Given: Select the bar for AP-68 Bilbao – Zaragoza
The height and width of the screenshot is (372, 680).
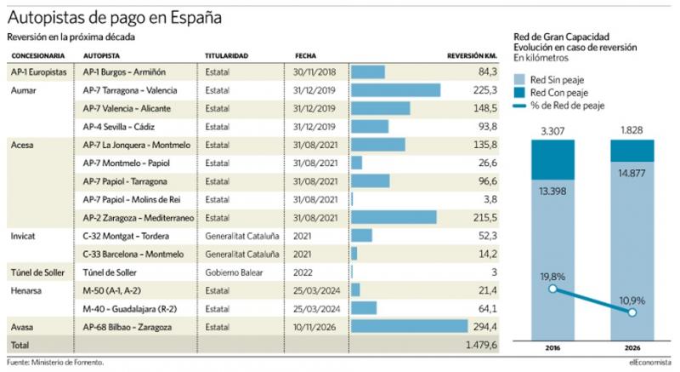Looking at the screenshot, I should [x=409, y=326].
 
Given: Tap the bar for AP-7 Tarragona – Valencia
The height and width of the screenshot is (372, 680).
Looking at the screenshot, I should [x=395, y=90].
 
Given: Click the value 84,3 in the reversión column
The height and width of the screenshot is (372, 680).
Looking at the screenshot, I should [x=487, y=72].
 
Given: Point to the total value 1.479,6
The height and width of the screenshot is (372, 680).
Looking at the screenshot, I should [x=479, y=344].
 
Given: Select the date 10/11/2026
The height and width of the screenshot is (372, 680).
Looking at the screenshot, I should [x=315, y=326].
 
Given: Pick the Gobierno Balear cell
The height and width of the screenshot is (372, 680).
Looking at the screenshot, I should [x=234, y=272].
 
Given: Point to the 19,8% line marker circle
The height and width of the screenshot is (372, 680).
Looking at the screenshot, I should [x=553, y=289].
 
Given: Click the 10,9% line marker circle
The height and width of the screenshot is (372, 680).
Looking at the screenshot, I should [x=632, y=312].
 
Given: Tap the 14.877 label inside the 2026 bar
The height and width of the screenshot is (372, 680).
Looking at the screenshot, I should [x=632, y=174].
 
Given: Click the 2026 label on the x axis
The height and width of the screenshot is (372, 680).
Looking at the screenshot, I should [x=632, y=347].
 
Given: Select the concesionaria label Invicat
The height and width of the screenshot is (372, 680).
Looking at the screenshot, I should [x=24, y=236].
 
